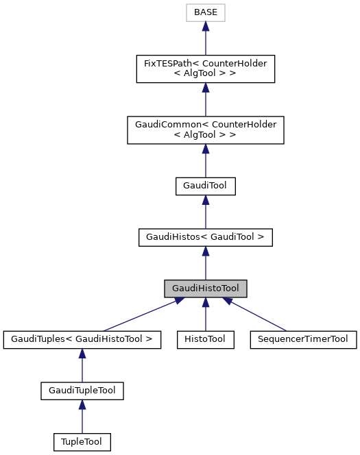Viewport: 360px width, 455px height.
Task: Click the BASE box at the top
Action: pos(205,12)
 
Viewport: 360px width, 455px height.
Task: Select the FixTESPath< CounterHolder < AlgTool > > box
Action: pos(205,69)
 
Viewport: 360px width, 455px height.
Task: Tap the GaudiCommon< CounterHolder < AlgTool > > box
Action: pos(205,130)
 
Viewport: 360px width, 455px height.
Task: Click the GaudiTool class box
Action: pos(205,186)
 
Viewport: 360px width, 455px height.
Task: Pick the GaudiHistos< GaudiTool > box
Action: pos(205,237)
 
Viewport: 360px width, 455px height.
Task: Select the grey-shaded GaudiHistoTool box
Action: pos(205,288)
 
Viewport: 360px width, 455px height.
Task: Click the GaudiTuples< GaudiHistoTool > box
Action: pos(82,339)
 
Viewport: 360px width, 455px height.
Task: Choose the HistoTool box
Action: pos(205,339)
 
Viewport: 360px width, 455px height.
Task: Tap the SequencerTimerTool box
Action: pos(303,339)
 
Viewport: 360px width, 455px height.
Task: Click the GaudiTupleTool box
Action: pos(82,391)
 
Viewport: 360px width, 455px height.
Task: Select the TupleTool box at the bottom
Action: pos(82,442)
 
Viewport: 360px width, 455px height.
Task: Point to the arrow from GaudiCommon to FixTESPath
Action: pos(205,100)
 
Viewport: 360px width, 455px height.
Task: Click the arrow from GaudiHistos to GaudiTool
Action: pos(205,212)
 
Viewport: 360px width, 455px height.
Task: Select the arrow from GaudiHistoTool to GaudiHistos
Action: pos(205,263)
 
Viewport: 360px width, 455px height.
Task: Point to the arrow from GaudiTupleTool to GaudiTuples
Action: pos(82,365)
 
